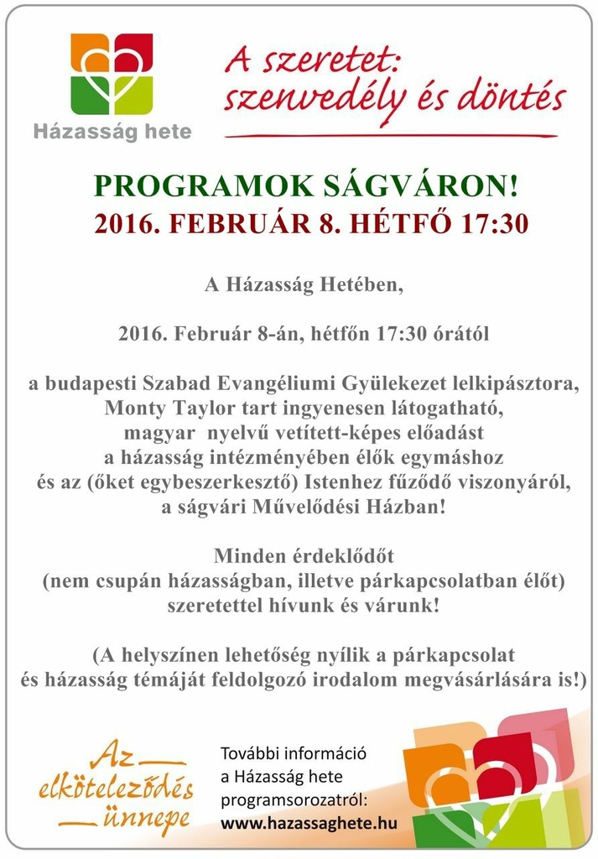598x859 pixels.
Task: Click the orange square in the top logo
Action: pos(88,54)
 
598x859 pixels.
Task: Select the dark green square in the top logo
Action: pos(88,96)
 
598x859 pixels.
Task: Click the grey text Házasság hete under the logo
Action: pos(112,132)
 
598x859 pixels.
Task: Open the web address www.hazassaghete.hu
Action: pos(309,824)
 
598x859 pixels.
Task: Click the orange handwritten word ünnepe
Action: pos(147,820)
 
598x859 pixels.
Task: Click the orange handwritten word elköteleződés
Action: pos(116,789)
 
